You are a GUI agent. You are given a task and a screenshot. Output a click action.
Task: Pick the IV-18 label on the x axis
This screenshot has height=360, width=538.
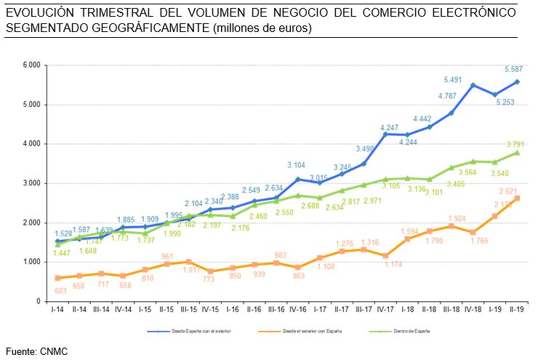[x=473, y=308]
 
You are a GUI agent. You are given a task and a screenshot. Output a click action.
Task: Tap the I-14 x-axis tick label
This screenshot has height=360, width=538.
[x=57, y=308]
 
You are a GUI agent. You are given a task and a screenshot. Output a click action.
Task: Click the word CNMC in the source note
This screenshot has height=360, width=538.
[x=55, y=351]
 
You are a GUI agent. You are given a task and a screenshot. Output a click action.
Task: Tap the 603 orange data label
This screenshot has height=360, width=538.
[x=57, y=290]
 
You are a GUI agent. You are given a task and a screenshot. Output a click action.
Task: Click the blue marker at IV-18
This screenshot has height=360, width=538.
[x=473, y=85]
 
